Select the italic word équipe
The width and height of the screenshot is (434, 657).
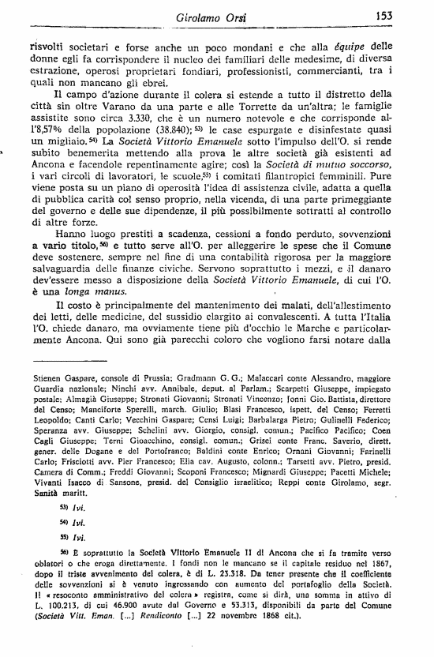pyautogui.click(x=338, y=44)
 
